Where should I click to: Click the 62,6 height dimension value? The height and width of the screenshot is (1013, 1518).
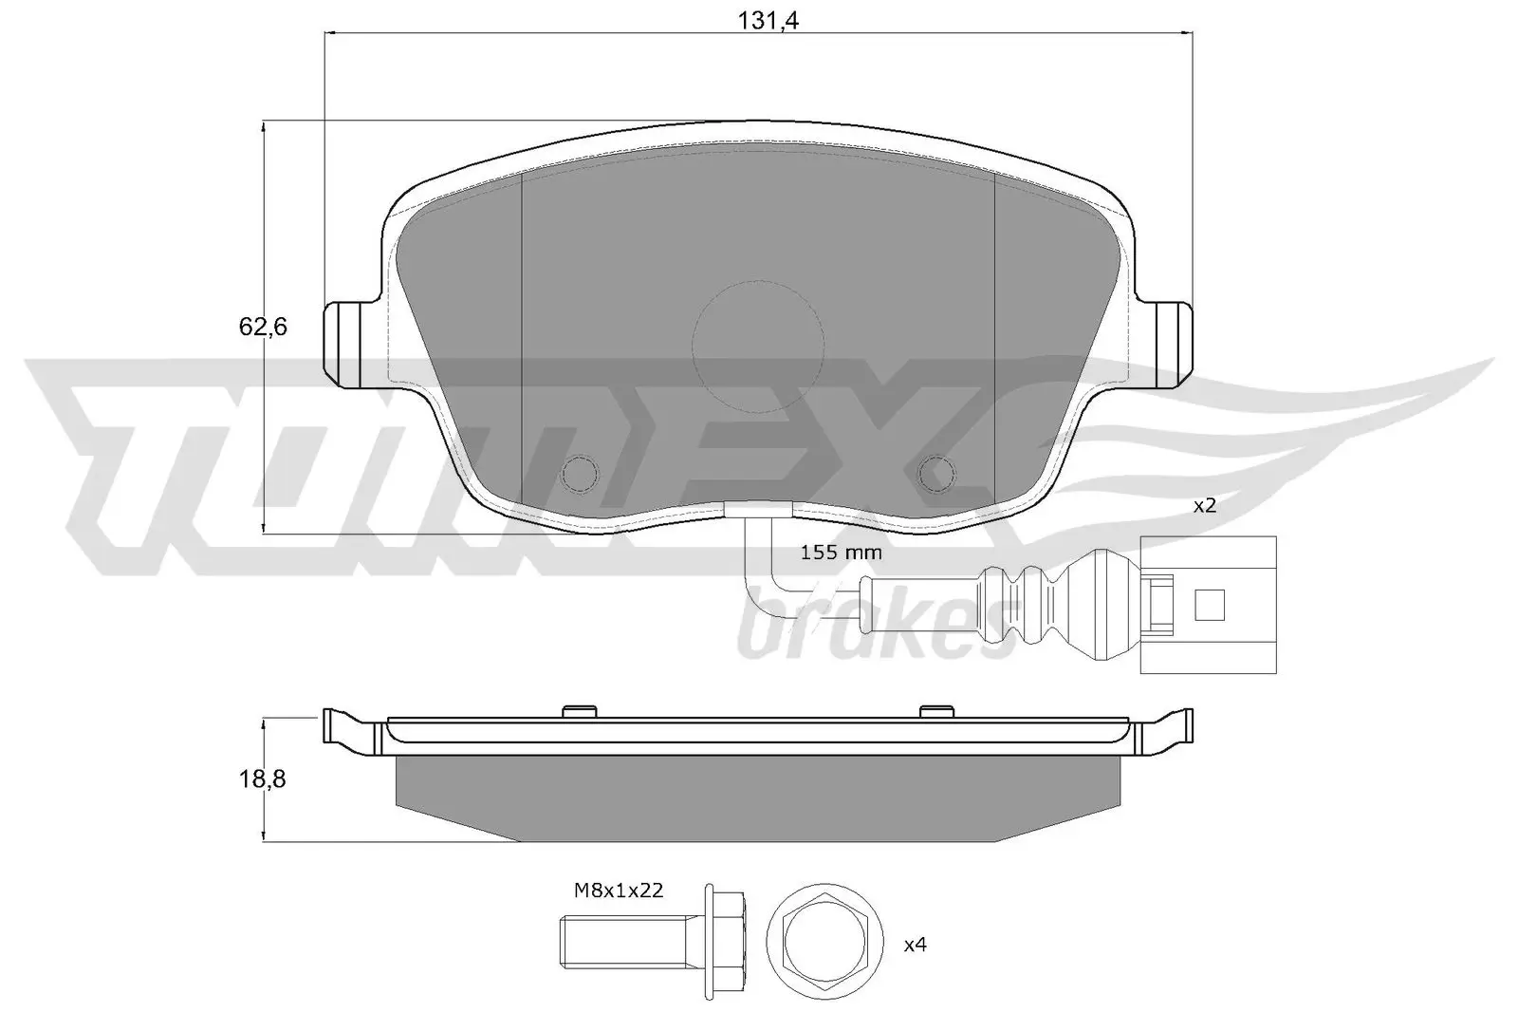pos(263,328)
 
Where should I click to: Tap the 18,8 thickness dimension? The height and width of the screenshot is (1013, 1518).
pos(263,779)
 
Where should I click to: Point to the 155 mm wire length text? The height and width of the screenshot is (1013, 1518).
pos(841,553)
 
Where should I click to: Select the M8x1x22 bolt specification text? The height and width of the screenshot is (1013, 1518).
pos(618,891)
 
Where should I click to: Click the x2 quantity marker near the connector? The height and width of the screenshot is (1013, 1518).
pos(1204,506)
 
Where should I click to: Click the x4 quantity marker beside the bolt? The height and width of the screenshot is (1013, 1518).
pos(915,945)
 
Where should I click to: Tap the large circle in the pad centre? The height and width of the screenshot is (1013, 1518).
pos(757,346)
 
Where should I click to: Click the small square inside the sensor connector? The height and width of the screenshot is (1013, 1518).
pos(1211,604)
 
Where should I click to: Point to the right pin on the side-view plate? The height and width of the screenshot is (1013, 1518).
pos(937,710)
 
